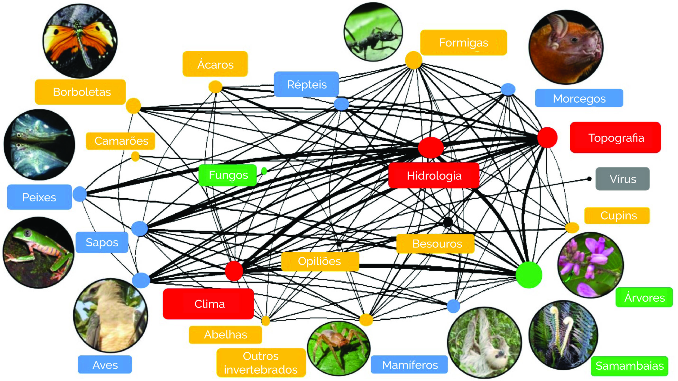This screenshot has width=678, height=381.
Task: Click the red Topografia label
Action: pyautogui.click(x=615, y=138)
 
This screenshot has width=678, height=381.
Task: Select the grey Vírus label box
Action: pyautogui.click(x=622, y=179)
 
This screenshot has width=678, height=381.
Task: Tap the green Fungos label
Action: pyautogui.click(x=228, y=175)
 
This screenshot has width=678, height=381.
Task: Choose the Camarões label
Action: pyautogui.click(x=121, y=141)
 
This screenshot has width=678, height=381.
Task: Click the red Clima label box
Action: pyautogui.click(x=209, y=304)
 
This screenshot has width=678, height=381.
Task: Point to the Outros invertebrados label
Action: pyautogui.click(x=261, y=363)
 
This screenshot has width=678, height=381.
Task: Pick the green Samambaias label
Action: pyautogui.click(x=629, y=366)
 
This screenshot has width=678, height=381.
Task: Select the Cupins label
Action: pyautogui.click(x=617, y=216)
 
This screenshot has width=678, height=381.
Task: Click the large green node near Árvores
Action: pyautogui.click(x=529, y=275)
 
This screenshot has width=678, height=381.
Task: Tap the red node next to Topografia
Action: pyautogui.click(x=547, y=137)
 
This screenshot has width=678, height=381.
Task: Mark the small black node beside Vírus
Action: pyautogui.click(x=589, y=179)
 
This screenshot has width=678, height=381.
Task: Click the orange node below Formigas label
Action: pyautogui.click(x=413, y=60)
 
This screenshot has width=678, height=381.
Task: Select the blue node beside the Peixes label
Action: pyautogui.click(x=80, y=194)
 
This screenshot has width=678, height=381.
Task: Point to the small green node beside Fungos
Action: pyautogui.click(x=264, y=171)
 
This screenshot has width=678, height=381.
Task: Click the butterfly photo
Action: pyautogui.click(x=80, y=41)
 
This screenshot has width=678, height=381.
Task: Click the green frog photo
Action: pyautogui.click(x=39, y=253)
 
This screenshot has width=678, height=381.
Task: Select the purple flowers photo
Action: pyautogui.click(x=591, y=265)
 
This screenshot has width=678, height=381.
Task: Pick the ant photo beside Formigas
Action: pyautogui.click(x=373, y=32)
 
